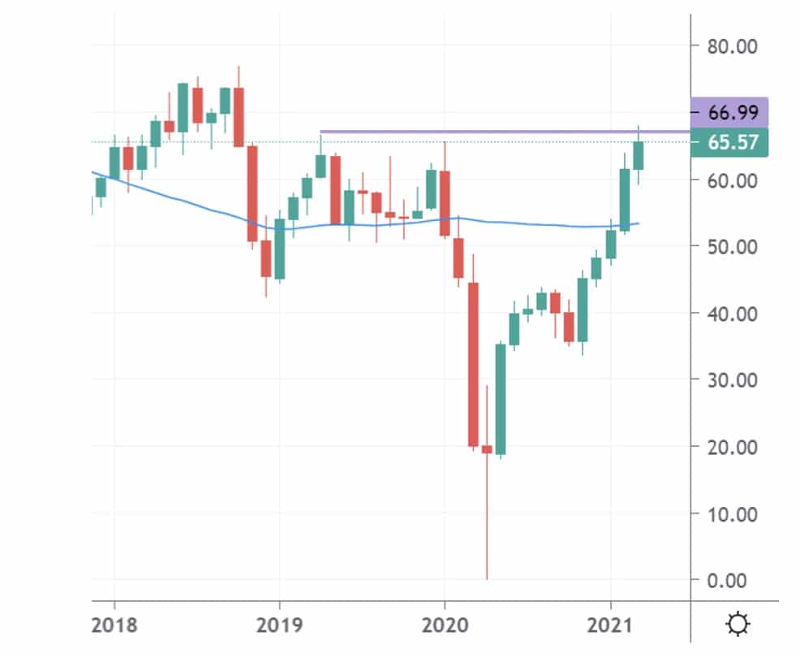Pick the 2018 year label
(114, 626)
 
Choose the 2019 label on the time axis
(279, 626)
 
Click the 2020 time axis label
(445, 626)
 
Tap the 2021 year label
(610, 626)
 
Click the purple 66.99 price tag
(729, 110)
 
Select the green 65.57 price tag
(729, 143)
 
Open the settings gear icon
(738, 625)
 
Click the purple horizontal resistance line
(487, 131)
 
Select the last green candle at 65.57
(639, 155)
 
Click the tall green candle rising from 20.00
(501, 399)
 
